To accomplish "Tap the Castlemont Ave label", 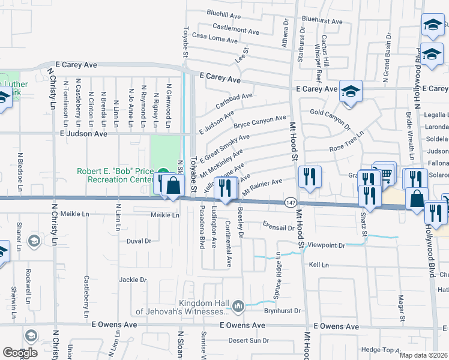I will point(236,28).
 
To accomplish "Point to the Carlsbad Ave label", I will point(234,100).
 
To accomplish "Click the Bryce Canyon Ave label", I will point(260,122).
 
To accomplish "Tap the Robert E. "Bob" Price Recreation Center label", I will point(116,175).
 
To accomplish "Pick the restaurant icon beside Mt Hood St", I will point(309,177).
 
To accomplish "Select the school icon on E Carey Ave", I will point(351,91).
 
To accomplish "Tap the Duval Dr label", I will point(139,241).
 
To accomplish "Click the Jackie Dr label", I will point(133,280).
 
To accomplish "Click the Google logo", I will point(20,352).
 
